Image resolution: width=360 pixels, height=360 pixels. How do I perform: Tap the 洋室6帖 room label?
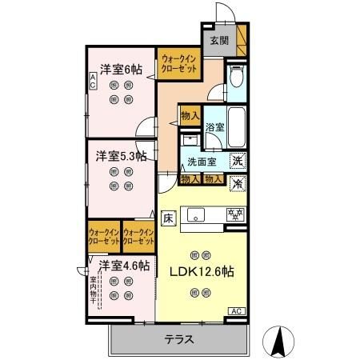(x=121, y=70)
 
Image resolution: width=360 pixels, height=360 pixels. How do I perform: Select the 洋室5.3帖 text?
(x=121, y=156)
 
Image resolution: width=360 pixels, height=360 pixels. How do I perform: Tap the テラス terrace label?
(x=179, y=338)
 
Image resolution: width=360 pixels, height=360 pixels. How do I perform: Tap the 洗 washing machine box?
(x=238, y=160)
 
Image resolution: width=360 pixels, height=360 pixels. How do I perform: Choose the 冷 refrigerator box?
(x=238, y=182)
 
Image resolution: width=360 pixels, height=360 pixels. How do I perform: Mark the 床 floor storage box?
(x=169, y=216)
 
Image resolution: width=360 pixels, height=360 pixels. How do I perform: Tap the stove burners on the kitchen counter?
(x=235, y=214)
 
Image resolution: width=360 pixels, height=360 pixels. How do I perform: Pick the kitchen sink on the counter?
(x=197, y=214)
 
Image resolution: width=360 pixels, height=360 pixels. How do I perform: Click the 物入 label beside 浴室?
(x=190, y=115)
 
